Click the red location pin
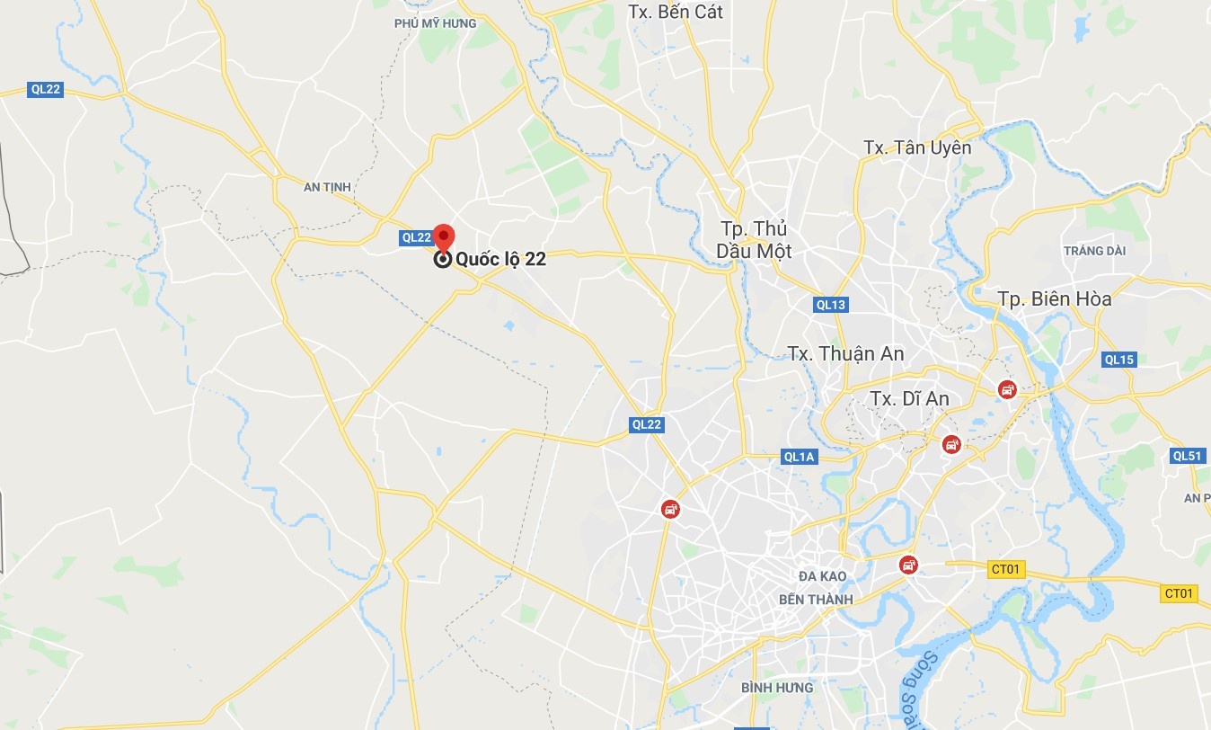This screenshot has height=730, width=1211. click(443, 236)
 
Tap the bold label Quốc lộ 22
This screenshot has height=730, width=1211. click(500, 260)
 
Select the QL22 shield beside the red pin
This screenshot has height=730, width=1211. click(416, 237)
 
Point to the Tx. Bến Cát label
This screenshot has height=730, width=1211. click(676, 12)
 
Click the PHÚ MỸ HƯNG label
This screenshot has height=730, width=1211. click(435, 23)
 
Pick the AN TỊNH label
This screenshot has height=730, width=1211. click(327, 187)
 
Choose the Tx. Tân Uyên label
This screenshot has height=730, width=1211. click(916, 147)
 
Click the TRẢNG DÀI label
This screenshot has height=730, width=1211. click(1094, 251)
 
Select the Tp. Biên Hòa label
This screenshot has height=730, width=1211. click(1054, 299)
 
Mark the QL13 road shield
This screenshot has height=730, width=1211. click(831, 305)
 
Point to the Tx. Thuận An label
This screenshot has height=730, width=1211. click(845, 353)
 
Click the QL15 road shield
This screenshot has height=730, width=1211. click(1119, 360)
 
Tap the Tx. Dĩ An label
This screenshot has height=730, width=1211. click(909, 398)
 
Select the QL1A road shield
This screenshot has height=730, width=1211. click(799, 457)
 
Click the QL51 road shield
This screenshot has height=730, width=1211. click(1187, 456)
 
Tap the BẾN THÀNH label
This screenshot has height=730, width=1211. click(816, 600)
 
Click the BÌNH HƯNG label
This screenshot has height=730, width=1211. click(777, 688)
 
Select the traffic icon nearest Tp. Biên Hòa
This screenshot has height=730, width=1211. click(1008, 389)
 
